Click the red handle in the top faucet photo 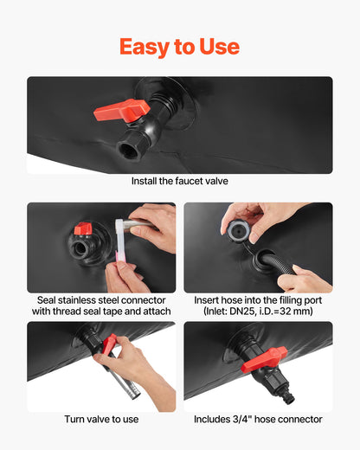(122, 111)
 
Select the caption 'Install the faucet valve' (180, 181)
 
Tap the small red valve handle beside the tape (83, 228)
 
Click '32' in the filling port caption (292, 312)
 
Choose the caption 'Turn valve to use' (101, 419)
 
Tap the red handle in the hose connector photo (264, 359)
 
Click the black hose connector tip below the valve (287, 396)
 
